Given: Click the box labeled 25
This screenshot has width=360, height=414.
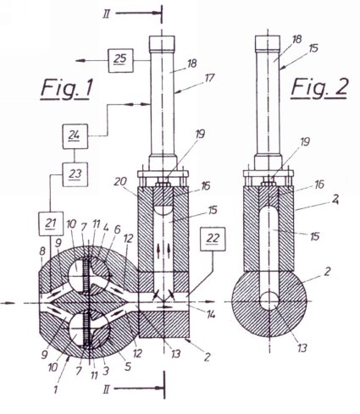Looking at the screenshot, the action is tap(120, 60).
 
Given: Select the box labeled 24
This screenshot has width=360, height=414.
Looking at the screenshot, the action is tap(75, 136).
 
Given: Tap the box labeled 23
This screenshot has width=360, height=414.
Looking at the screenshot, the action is tap(75, 174).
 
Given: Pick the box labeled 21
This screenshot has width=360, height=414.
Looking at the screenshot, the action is tap(51, 224).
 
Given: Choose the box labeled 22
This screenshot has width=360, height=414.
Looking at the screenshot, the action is tap(213, 239).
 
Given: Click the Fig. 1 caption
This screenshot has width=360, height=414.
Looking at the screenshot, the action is tap(66, 89).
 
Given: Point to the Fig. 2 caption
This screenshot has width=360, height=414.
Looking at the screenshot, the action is tap(318, 88).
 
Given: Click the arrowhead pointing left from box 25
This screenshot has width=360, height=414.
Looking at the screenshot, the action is tap(80, 60).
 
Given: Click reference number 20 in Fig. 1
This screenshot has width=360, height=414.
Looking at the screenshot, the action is tap(120, 182).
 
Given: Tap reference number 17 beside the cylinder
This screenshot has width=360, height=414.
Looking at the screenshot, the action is tap(209, 78).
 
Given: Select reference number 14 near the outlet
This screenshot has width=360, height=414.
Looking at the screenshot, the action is tap(210, 313).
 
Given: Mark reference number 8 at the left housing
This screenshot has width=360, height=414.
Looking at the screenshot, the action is tap(42, 251).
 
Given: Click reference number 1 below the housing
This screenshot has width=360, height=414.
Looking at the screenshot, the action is tap(56, 389).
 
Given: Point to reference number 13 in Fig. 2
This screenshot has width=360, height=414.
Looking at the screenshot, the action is tap(302, 348).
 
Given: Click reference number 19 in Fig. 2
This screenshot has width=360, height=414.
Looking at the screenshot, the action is tap(304, 141).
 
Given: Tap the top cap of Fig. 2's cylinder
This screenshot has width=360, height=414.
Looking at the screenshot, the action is tap(268, 42).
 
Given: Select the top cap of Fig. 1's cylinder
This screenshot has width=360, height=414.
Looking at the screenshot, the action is tap(162, 43).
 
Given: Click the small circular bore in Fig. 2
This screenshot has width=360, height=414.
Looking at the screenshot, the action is tap(269, 301).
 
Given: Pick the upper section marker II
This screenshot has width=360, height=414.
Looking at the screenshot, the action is tap(106, 14).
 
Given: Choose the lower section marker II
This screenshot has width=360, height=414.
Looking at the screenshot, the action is tap(107, 389).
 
